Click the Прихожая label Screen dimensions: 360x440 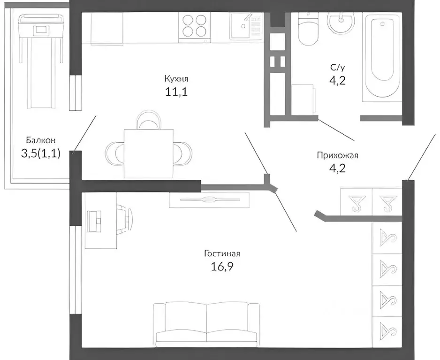pos(334,155)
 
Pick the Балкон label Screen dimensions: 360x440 pos(41,140)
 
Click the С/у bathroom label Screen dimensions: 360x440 pos(338,68)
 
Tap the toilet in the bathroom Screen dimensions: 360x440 pos(308,29)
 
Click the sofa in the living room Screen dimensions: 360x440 pos(206,322)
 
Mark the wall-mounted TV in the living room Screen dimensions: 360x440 pos(209,200)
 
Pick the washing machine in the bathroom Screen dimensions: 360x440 pos(303,99)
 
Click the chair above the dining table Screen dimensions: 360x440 pos(148,120)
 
